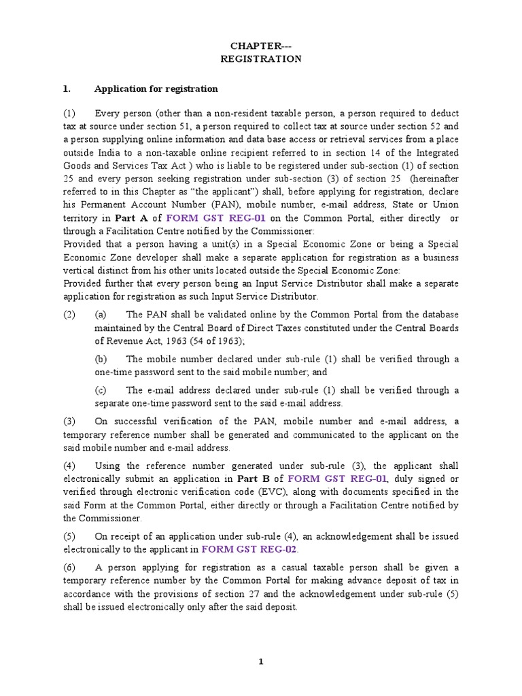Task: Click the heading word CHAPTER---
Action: [260, 46]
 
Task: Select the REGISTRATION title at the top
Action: [261, 59]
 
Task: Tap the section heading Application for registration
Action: [156, 88]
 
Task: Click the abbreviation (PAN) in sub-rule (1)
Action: [220, 205]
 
